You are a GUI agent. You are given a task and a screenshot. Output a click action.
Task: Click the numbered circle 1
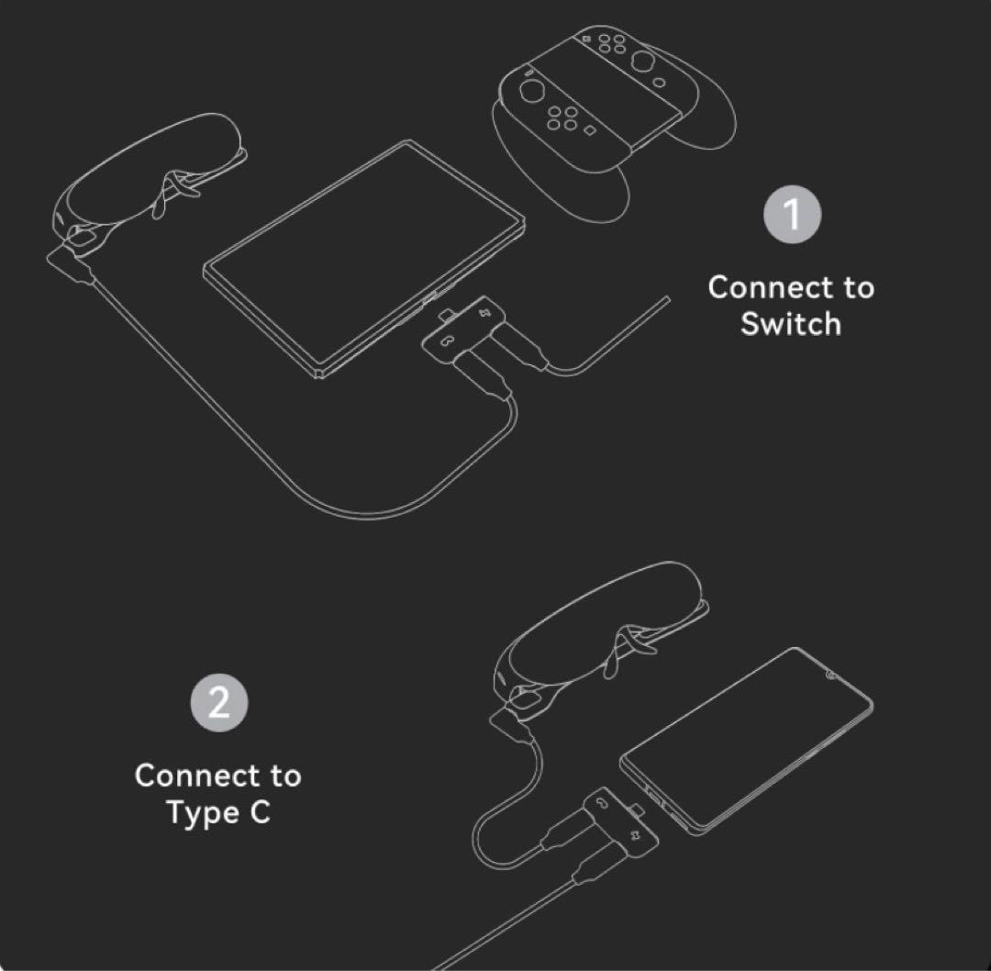(792, 215)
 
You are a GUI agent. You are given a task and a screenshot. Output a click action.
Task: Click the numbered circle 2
(218, 703)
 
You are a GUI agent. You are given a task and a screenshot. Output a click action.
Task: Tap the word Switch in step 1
(790, 324)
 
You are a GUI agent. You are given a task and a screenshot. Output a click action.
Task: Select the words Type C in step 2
(218, 812)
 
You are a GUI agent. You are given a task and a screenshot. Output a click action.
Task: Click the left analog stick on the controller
(532, 93)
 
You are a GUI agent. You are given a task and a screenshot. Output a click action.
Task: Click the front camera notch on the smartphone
(830, 678)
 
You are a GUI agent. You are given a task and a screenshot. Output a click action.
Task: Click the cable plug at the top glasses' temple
(70, 262)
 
